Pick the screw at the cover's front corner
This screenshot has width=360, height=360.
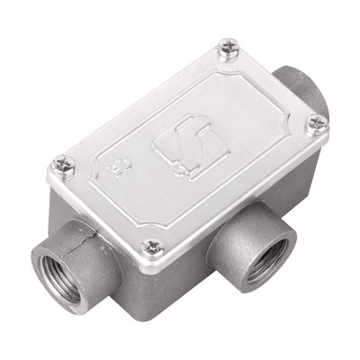pos(154,243)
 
